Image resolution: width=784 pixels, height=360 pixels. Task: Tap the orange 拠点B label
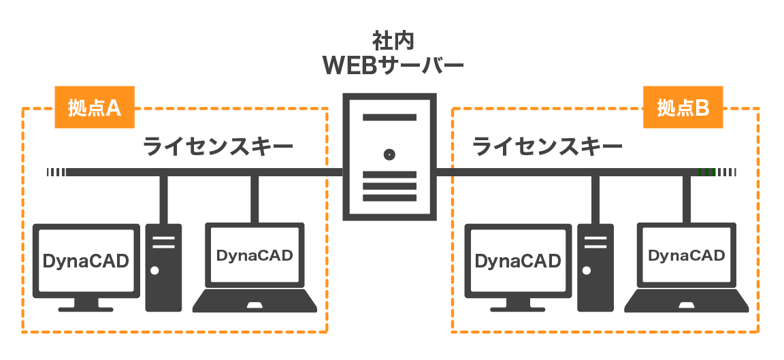[683, 108]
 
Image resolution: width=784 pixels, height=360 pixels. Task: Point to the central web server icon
[389, 157]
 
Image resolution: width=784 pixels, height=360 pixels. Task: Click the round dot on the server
[389, 154]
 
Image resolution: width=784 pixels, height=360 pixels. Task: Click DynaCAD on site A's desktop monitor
[86, 261]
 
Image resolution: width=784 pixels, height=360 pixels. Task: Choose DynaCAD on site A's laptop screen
[254, 256]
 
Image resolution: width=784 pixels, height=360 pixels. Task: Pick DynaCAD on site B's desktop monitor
[518, 261]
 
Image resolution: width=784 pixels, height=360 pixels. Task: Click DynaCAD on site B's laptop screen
[686, 256]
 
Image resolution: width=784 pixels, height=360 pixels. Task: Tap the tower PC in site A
[163, 267]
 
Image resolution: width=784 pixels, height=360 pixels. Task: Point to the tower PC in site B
[595, 267]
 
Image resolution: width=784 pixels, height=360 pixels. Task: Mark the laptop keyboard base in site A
[255, 301]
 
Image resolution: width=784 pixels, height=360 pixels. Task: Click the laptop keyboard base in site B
[686, 301]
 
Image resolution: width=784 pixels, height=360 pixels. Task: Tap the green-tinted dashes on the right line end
[707, 172]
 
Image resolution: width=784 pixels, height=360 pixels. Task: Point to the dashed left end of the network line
[56, 172]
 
